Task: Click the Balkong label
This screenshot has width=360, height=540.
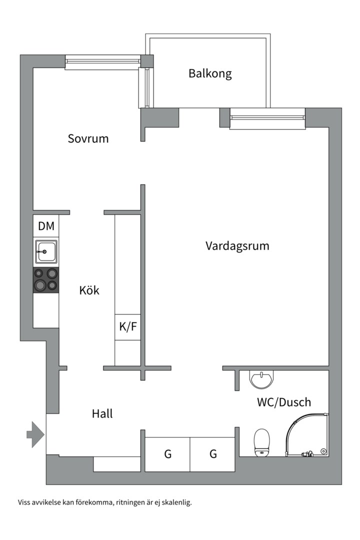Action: [210, 74]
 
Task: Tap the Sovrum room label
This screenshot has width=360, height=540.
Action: [88, 138]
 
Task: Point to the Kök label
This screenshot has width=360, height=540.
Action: [89, 290]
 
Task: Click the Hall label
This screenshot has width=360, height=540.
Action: [102, 414]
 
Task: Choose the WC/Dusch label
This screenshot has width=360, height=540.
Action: [283, 402]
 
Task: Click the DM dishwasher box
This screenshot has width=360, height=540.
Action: [46, 226]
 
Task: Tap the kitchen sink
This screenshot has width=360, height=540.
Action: [45, 252]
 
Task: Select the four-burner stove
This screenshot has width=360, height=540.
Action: [45, 280]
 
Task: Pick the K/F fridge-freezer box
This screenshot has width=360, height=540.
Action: [127, 327]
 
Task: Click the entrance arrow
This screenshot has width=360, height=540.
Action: [35, 433]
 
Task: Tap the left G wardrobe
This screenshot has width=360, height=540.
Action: [167, 454]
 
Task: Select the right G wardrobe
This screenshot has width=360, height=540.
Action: [213, 454]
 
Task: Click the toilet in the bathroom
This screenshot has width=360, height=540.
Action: [262, 442]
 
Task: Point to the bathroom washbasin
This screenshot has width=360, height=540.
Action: [261, 380]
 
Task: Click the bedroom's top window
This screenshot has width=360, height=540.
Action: [102, 61]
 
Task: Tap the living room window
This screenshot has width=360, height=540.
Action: [267, 118]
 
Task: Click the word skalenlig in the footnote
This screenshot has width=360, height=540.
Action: [175, 502]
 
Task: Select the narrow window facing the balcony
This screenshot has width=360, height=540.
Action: [146, 87]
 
